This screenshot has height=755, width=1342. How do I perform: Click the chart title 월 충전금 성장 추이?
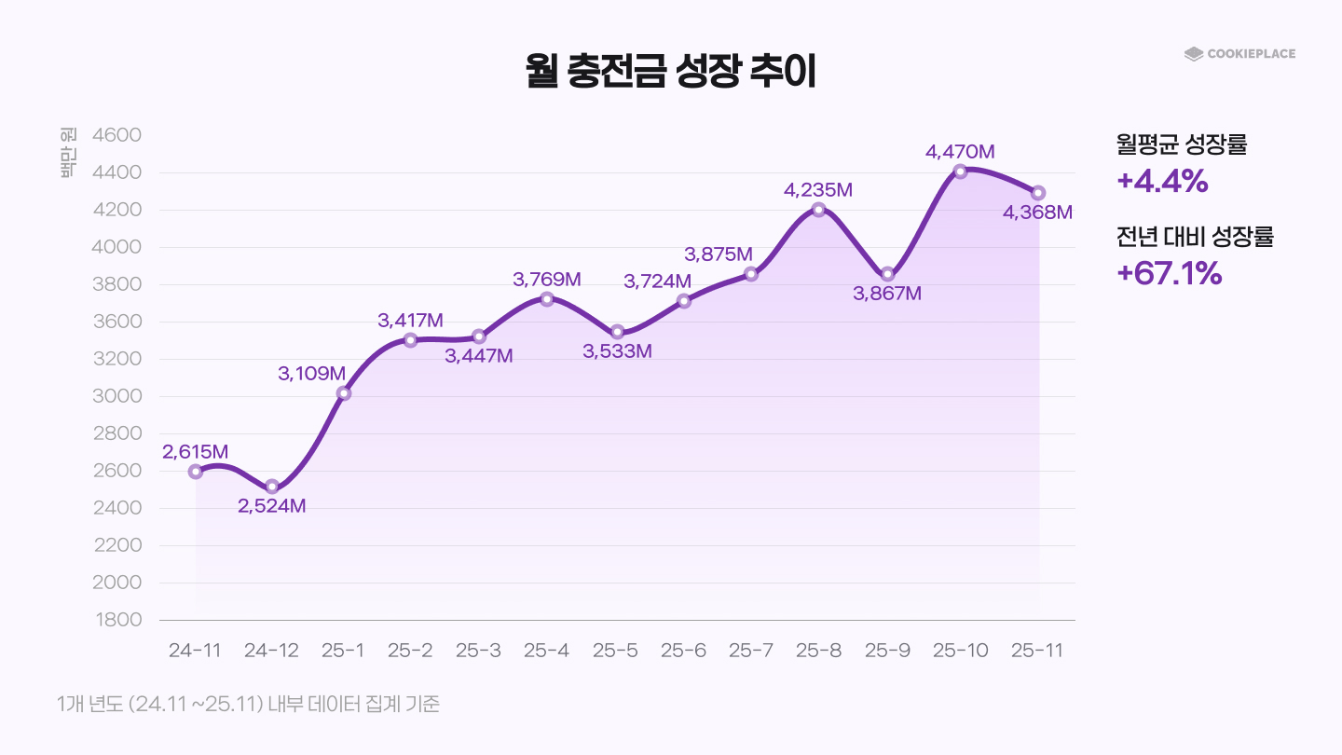[x=670, y=72]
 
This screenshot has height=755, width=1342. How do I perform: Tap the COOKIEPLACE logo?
[x=1239, y=54]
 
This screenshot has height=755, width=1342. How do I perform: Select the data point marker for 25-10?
[x=960, y=172]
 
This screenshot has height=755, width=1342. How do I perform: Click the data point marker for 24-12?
[x=272, y=487]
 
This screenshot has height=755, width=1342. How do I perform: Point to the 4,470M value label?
[x=960, y=150]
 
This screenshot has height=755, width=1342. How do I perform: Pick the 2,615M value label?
[x=195, y=452]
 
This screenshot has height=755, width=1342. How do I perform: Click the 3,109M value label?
[x=311, y=374]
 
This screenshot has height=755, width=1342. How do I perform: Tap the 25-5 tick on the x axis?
[x=615, y=651]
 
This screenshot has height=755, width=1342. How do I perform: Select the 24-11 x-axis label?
[x=195, y=651]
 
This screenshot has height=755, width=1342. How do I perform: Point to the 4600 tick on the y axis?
[x=116, y=135]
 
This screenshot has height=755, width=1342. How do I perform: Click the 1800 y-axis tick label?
[x=116, y=620]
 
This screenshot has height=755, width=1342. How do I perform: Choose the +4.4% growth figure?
[x=1162, y=181]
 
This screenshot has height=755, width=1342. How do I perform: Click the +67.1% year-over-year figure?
[x=1169, y=273]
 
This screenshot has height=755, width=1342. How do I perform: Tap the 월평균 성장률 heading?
[x=1181, y=144]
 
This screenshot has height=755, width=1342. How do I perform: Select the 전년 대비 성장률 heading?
[x=1194, y=237]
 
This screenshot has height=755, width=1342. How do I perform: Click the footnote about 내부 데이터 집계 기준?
[x=248, y=705]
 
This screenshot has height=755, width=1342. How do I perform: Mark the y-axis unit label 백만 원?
[x=68, y=154]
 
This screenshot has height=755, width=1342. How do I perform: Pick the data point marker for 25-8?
[x=818, y=210]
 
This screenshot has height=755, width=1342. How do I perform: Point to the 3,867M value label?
[x=887, y=294]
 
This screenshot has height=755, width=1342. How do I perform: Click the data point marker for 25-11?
[x=1038, y=193]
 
